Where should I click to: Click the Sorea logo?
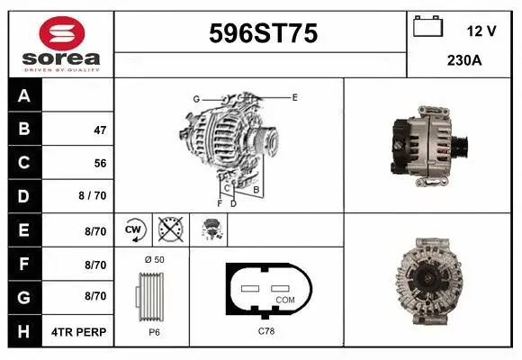pos(60,40)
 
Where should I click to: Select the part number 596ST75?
pos(263,34)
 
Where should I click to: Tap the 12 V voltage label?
pos(481,30)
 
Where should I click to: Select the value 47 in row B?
pos(99,130)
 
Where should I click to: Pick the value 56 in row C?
pos(99,164)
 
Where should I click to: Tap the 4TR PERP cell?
pos(80,332)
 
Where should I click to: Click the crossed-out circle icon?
pos(169,230)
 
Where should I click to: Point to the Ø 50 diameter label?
pos(153,259)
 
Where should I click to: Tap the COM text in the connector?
pos(284,300)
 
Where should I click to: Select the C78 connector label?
pos(267,331)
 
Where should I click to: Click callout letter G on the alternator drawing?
pos(195,98)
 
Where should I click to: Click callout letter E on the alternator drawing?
pos(294,95)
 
